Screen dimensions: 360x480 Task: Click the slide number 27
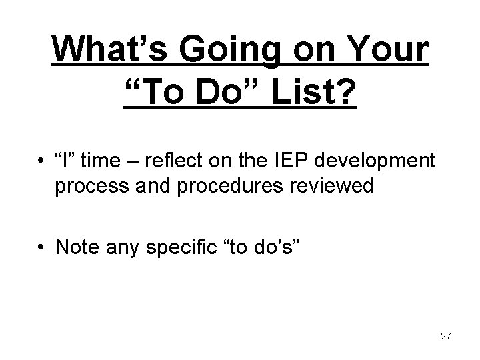coord(446,337)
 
